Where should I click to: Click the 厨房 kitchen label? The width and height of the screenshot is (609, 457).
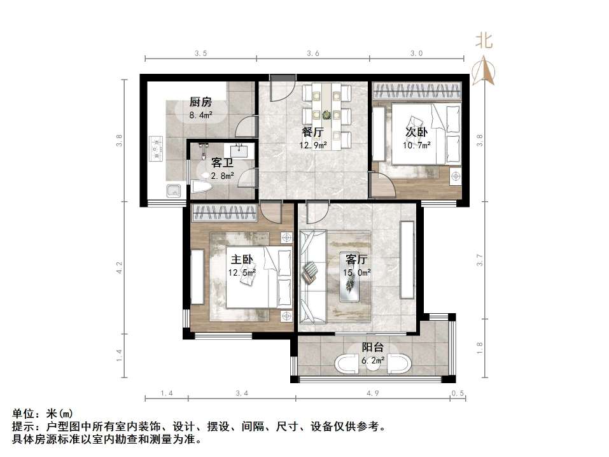coord(200,102)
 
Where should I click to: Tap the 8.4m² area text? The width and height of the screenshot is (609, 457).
coord(200,115)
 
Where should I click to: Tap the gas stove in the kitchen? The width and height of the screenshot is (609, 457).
coord(156,150)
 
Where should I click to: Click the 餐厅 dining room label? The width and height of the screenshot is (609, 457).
coord(312,132)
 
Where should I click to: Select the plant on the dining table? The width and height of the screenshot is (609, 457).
coord(327,115)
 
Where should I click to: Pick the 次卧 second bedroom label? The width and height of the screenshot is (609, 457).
coord(416,132)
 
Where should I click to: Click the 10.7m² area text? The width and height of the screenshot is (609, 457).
coord(416,145)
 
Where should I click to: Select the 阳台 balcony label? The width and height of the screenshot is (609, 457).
coord(372,348)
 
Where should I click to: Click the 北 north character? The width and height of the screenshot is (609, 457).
coord(484,41)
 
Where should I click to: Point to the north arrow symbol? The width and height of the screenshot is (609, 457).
coord(484,70)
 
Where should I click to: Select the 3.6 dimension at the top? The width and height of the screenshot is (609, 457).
coord(312,54)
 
